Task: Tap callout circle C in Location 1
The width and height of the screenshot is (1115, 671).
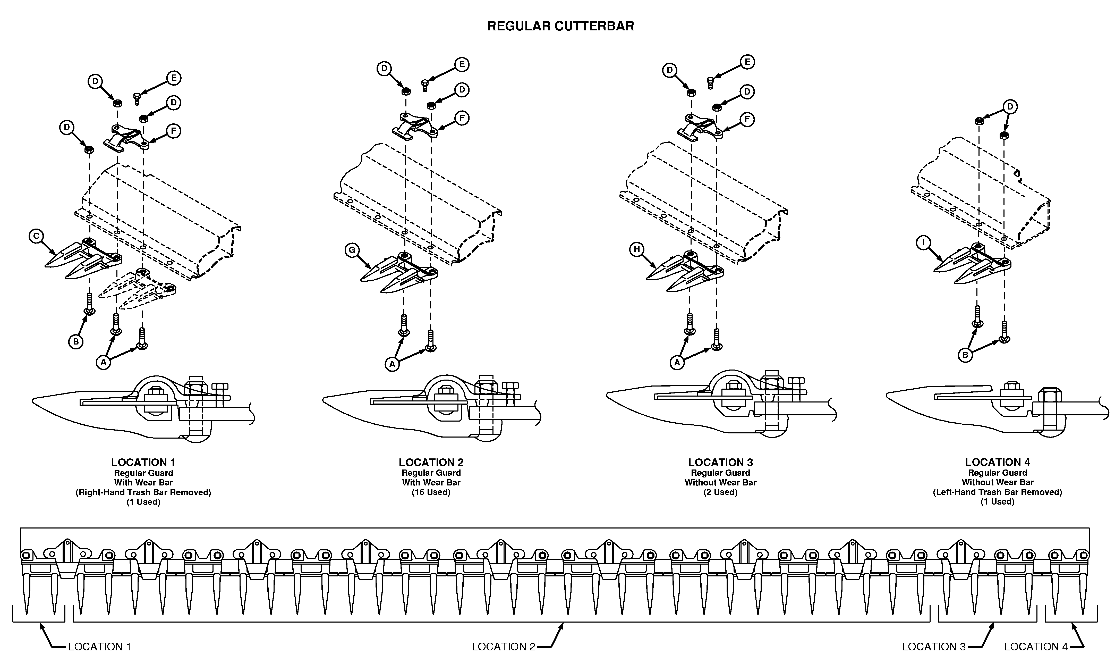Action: (x=36, y=236)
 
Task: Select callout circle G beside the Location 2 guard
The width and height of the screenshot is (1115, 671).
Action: (x=352, y=250)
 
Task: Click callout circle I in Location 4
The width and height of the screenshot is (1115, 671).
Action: (x=923, y=243)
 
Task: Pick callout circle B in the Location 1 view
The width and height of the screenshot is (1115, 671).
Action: (x=75, y=341)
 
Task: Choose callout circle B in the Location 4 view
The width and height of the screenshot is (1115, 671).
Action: (x=965, y=355)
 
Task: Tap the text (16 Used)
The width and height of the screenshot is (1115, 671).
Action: (x=431, y=492)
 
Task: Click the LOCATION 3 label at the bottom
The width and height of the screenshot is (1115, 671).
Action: (x=933, y=647)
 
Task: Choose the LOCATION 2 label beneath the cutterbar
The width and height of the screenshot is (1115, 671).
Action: (x=503, y=647)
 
